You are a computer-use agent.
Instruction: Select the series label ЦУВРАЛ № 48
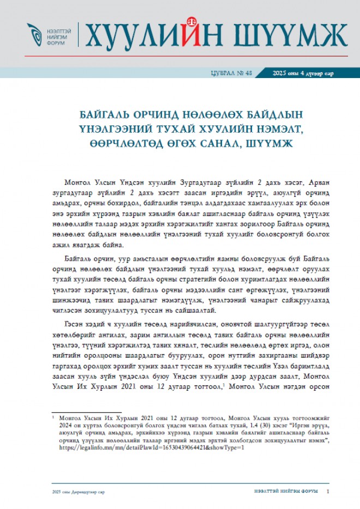tap(233, 73)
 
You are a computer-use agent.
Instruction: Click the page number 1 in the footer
tap(328, 492)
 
